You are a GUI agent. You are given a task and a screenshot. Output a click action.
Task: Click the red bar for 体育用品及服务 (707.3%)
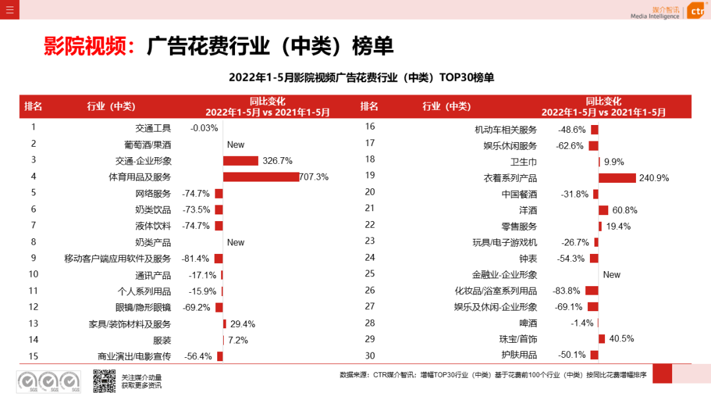(x=261, y=177)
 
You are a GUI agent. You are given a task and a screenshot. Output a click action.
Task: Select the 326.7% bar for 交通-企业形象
(x=240, y=161)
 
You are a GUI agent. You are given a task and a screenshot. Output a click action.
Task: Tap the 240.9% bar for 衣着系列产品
(x=617, y=178)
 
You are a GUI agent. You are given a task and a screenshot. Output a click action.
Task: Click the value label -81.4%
(x=196, y=259)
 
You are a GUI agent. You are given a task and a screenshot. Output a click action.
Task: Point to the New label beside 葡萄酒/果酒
(x=236, y=145)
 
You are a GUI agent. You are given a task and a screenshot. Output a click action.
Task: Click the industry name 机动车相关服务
(x=506, y=130)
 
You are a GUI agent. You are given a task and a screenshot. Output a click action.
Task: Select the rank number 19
(x=369, y=175)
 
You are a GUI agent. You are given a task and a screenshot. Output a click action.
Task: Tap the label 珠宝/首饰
(x=518, y=339)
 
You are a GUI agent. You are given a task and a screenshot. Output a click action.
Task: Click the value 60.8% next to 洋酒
(x=624, y=211)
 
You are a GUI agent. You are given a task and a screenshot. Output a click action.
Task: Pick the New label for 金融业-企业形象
(x=612, y=274)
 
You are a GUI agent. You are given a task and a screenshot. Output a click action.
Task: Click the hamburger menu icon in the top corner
(x=9, y=9)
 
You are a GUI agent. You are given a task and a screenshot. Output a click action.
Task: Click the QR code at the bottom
(x=104, y=382)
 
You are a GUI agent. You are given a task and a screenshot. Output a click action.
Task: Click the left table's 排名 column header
(x=33, y=107)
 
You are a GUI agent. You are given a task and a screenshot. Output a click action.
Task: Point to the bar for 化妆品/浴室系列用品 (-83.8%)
(x=591, y=291)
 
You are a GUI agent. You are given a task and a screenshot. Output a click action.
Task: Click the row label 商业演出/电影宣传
(x=134, y=357)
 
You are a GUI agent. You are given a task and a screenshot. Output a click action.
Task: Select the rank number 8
(x=34, y=242)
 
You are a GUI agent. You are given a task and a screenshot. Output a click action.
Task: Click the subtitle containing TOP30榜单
(x=361, y=78)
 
